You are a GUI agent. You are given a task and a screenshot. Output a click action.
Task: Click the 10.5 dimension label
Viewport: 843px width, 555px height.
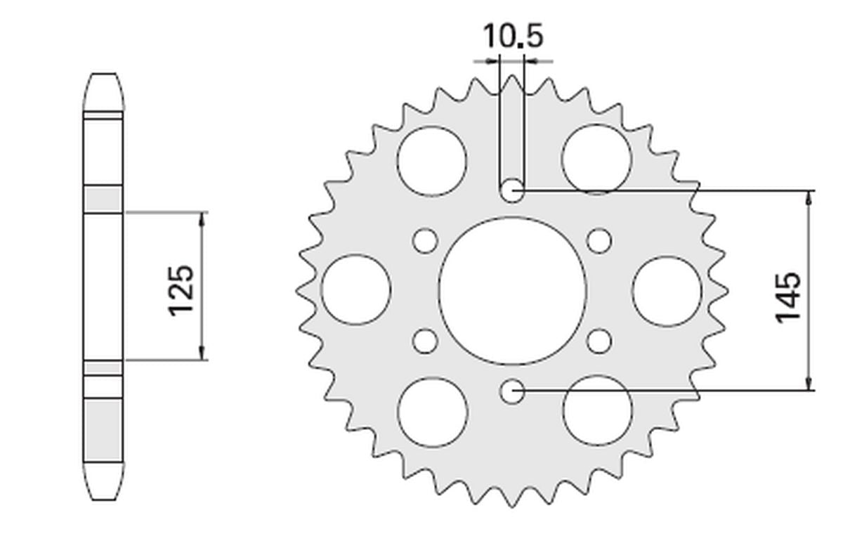tap(513, 37)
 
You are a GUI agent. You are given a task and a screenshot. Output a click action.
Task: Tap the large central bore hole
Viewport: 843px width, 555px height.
tap(513, 291)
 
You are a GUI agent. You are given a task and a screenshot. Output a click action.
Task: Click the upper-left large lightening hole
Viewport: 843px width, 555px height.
tap(431, 160)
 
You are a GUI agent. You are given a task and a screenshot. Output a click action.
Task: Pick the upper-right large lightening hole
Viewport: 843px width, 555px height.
tap(597, 159)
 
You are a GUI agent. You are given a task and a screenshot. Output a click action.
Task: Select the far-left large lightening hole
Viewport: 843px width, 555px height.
tap(356, 290)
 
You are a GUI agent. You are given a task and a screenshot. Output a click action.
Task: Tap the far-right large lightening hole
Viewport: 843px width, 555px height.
tap(667, 291)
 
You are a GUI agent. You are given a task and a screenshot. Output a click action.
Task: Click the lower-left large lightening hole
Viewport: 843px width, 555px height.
tap(432, 411)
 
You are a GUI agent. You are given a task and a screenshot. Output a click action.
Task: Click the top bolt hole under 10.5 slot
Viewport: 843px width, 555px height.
tap(512, 190)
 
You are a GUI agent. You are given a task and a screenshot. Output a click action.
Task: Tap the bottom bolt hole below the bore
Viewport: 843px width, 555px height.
tap(513, 391)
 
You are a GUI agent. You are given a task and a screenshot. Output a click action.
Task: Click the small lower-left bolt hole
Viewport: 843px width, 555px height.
tap(424, 341)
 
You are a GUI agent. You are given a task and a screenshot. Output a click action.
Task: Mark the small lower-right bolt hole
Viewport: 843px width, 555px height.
tap(599, 341)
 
